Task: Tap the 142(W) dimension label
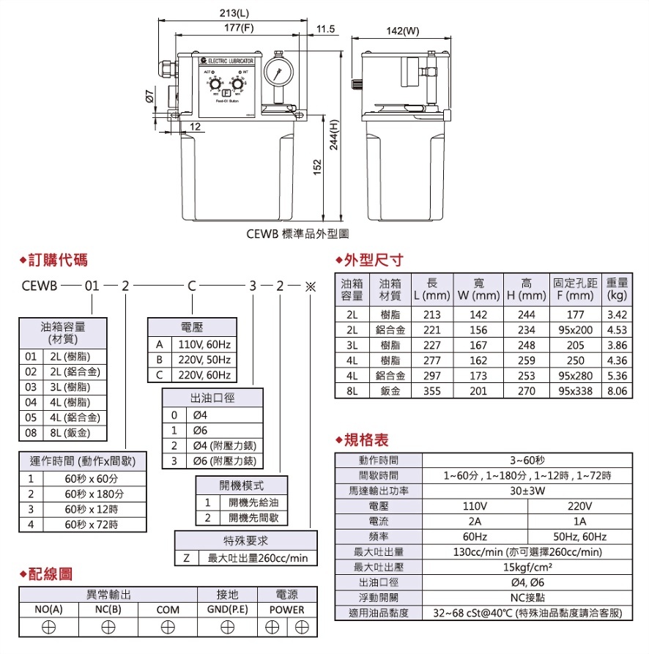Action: coord(402,31)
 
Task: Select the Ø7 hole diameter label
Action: coord(149,96)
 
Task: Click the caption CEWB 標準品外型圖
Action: coord(297,235)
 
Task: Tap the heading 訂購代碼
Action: coord(58,260)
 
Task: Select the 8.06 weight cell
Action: coord(618,391)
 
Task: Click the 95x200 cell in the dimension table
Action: coord(575,330)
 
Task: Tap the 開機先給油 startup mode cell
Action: coord(253,502)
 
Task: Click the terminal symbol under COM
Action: coord(168,627)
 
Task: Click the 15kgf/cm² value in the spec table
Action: coord(527,567)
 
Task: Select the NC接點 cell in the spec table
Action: coord(527,598)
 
